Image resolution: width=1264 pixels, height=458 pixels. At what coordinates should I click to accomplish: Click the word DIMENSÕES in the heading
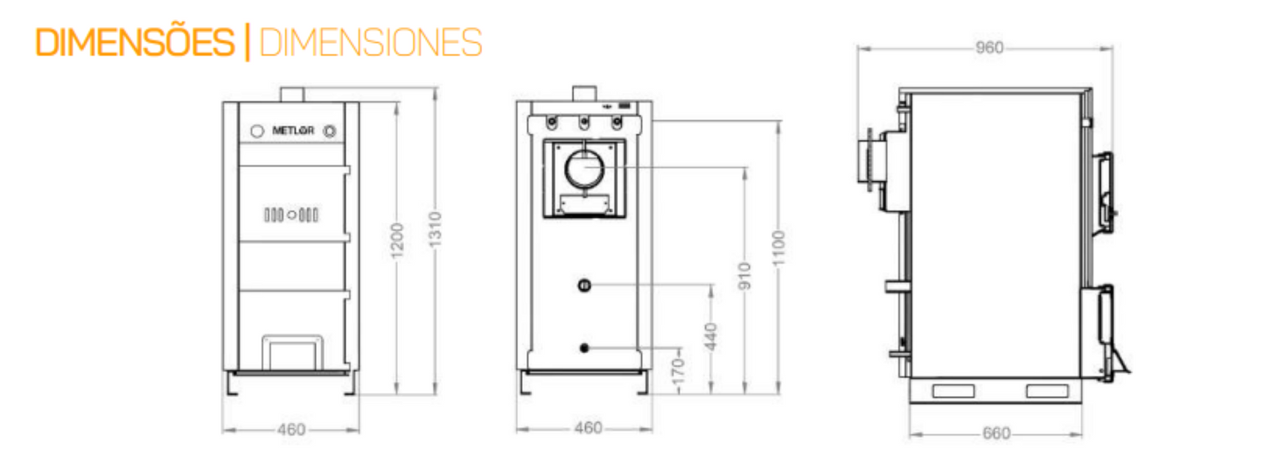click(x=135, y=41)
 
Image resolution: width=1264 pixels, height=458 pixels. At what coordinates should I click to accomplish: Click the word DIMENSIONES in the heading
click(x=371, y=42)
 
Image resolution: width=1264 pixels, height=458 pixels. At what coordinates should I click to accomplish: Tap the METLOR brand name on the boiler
click(x=293, y=130)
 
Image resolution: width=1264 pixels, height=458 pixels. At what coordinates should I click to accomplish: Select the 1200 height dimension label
click(x=397, y=241)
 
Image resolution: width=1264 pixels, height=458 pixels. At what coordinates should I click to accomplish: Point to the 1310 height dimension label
click(x=435, y=229)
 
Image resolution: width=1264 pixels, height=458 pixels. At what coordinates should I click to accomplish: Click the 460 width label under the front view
click(x=291, y=430)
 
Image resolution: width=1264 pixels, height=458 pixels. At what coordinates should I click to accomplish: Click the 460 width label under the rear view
click(x=588, y=428)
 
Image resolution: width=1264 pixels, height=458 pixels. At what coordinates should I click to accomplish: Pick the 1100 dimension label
click(x=779, y=249)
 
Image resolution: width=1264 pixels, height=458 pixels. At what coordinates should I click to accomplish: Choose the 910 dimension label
click(x=745, y=276)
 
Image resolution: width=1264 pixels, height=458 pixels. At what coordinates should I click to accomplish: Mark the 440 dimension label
click(x=711, y=336)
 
